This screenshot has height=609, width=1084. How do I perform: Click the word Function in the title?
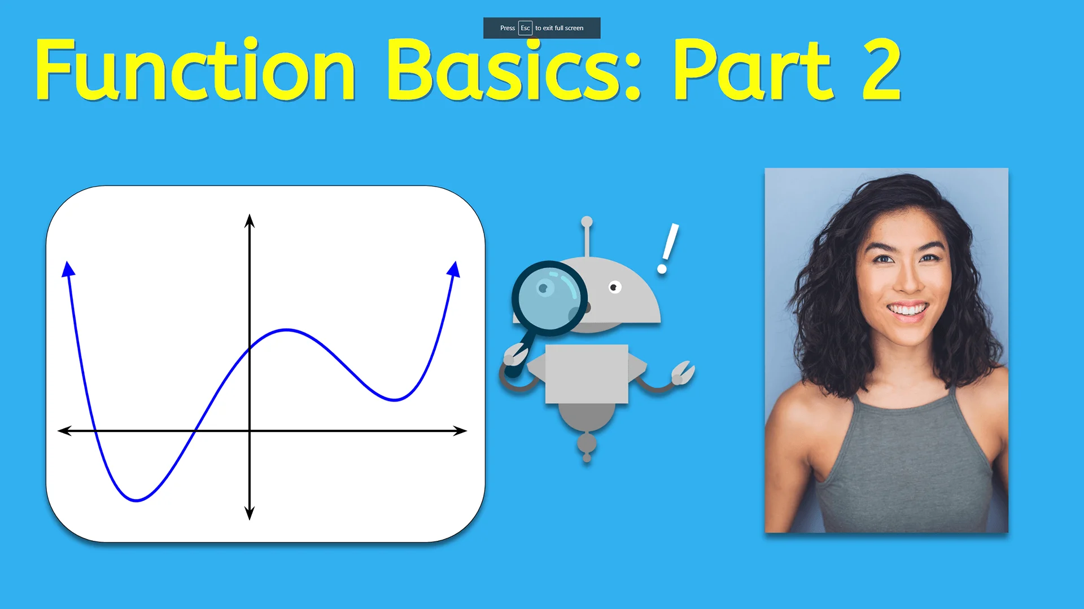click(x=195, y=70)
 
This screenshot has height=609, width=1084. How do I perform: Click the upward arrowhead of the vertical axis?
click(x=250, y=220)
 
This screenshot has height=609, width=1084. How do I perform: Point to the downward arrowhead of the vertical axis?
click(x=250, y=513)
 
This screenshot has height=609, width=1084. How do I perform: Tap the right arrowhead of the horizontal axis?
click(x=461, y=431)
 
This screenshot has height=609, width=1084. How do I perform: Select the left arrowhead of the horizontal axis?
click(x=64, y=431)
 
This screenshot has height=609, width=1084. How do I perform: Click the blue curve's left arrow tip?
click(x=68, y=268)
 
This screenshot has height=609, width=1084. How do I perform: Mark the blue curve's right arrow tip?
click(x=454, y=268)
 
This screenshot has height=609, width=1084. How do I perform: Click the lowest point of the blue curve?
click(x=137, y=500)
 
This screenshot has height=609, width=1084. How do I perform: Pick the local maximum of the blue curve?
click(x=287, y=329)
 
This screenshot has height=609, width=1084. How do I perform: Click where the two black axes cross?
click(x=250, y=431)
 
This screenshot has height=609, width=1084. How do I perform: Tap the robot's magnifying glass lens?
click(x=549, y=297)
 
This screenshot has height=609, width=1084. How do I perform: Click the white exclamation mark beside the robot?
click(x=667, y=249)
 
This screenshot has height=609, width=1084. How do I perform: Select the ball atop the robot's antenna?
click(x=587, y=222)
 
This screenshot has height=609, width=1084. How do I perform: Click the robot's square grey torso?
click(x=587, y=374)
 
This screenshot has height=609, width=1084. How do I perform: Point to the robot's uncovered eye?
click(x=615, y=288)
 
